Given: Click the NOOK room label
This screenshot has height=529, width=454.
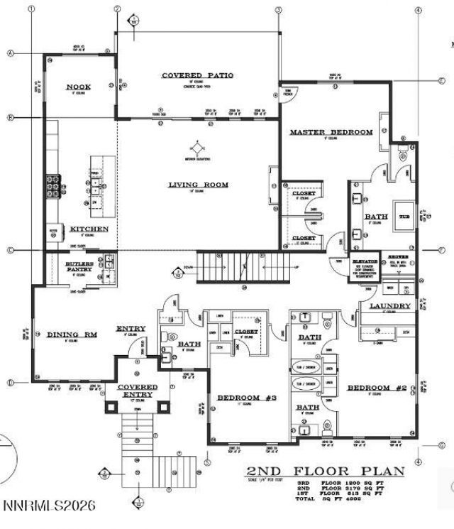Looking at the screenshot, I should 79,87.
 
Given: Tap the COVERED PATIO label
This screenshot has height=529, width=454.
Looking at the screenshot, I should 197,75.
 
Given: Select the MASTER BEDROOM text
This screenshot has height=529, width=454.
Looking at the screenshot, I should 331,133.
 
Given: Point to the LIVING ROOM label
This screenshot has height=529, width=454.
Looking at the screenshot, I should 198,185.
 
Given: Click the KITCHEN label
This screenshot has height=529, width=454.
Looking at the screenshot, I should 89,229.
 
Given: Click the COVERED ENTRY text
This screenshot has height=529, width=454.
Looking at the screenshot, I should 138,391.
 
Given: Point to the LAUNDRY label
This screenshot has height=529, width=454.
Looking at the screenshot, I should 390,306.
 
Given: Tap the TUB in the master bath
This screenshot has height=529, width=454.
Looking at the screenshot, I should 404,217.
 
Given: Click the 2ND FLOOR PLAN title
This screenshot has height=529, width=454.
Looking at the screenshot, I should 326,471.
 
